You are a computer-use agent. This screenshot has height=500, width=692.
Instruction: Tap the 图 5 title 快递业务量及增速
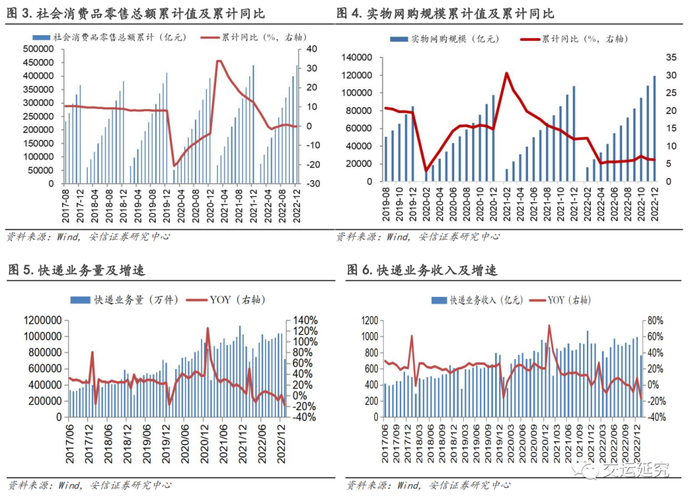tap(77, 271)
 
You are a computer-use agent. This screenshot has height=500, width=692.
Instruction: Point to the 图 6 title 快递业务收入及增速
tap(423, 271)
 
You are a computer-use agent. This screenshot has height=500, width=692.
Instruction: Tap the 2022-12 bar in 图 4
tap(654, 128)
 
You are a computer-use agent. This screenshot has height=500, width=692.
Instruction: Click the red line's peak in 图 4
tap(506, 73)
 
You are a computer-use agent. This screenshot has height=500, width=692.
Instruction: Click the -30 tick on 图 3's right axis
tap(312, 183)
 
